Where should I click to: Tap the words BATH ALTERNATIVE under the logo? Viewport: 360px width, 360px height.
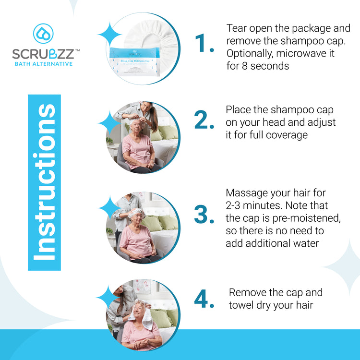(43, 63)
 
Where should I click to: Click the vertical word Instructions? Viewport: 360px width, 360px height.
(44, 182)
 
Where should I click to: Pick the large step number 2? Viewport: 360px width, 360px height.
(204, 122)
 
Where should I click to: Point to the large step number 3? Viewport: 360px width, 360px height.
(204, 215)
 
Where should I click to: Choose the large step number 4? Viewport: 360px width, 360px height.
(204, 299)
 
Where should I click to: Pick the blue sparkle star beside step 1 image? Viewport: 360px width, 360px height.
(110, 35)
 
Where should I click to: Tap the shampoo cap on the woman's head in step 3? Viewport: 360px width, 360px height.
(135, 213)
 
